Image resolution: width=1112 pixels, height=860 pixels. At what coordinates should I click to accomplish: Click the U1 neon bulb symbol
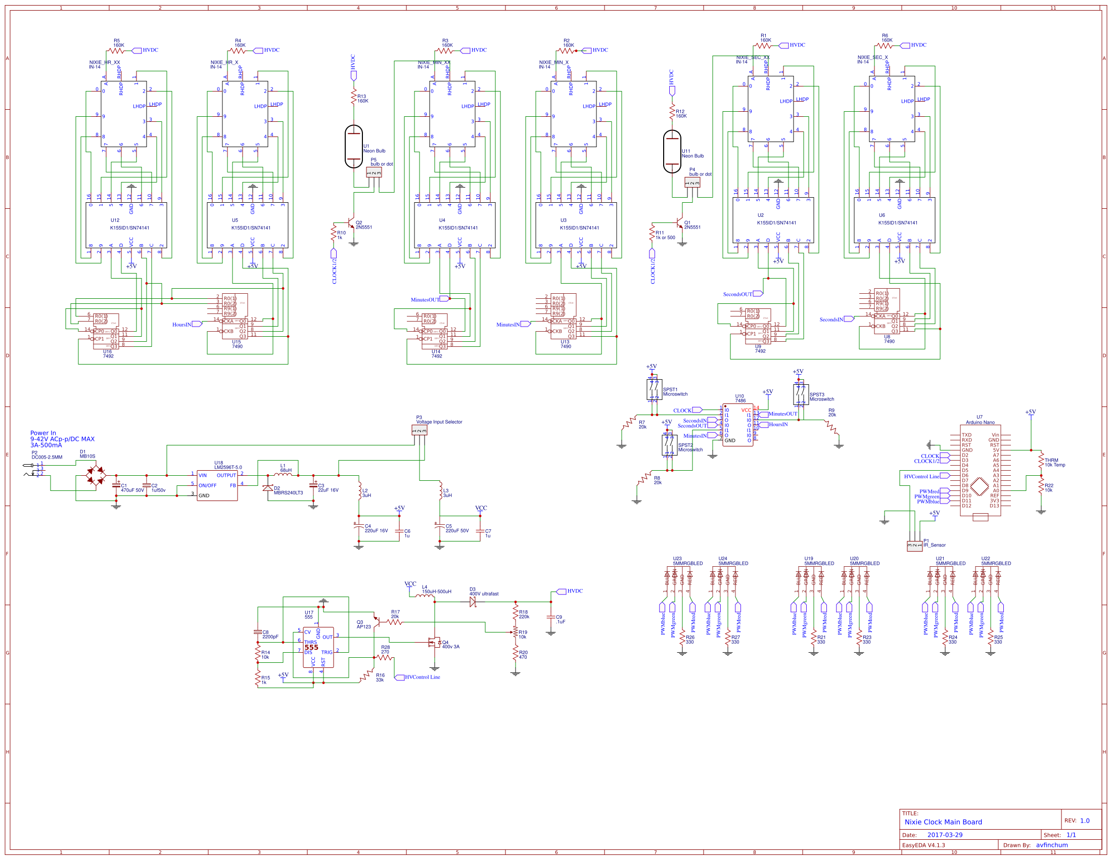353,147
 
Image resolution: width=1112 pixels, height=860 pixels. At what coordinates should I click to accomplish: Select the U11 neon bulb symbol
672,152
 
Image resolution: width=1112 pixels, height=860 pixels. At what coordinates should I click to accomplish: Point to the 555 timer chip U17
318,647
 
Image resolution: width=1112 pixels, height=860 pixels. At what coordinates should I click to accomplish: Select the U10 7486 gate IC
737,425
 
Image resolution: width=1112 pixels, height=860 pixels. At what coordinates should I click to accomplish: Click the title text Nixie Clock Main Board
943,822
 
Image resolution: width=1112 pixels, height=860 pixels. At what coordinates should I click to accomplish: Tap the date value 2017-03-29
945,835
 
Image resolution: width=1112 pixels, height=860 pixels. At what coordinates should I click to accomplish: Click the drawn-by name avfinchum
1051,845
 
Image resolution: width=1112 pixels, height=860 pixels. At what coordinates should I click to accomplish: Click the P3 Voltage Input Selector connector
419,431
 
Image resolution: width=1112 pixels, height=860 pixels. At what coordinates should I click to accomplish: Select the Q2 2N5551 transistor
351,223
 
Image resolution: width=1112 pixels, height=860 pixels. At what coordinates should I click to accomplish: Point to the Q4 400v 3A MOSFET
434,643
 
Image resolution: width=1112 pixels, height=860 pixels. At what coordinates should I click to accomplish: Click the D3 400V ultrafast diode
473,602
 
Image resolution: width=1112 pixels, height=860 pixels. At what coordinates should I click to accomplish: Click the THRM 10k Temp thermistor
1041,461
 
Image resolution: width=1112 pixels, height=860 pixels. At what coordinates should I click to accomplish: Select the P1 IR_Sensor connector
914,546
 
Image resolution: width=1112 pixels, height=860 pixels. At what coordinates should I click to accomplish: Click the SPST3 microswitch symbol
801,395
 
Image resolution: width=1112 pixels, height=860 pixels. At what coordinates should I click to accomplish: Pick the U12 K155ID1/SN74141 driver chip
126,224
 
